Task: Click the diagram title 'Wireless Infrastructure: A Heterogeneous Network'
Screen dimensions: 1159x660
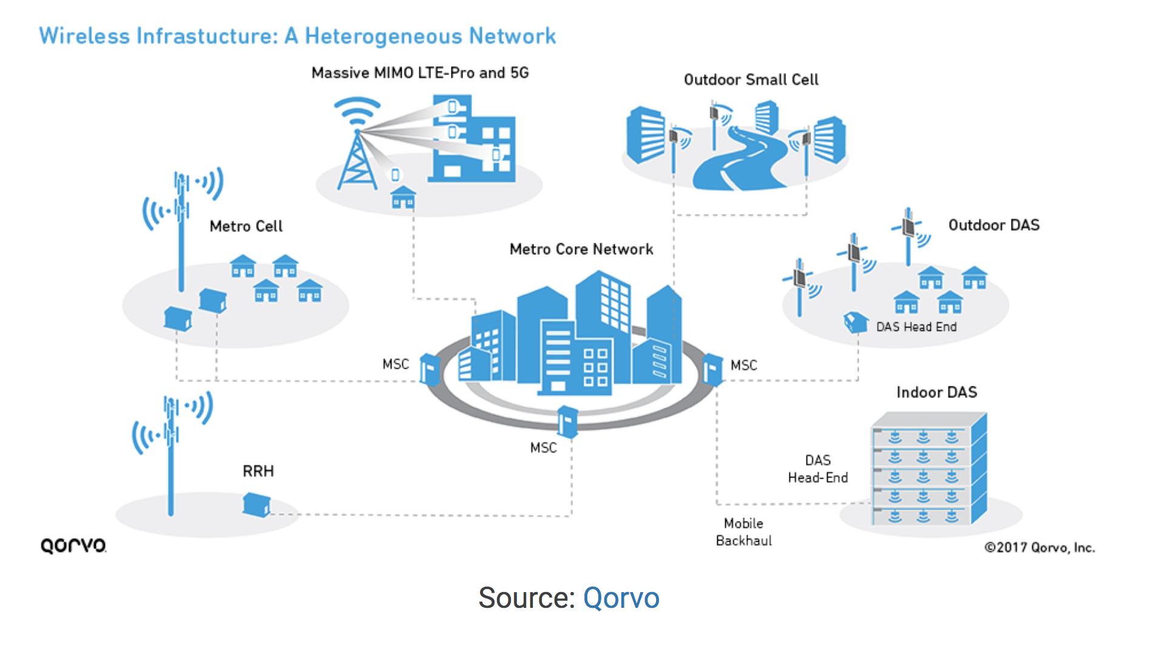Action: tap(297, 36)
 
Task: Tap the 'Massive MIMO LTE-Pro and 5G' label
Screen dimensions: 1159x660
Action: tap(420, 73)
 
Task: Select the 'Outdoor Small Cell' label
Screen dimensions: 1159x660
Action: tap(751, 79)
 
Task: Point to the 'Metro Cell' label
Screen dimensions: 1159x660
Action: tap(246, 226)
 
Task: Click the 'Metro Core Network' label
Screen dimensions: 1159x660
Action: tap(581, 249)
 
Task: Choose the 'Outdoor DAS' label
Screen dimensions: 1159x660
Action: tap(994, 225)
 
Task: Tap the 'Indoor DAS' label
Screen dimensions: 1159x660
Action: tap(937, 392)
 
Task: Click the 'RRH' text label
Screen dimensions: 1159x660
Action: tap(258, 471)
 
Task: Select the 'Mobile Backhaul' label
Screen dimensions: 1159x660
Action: tap(744, 532)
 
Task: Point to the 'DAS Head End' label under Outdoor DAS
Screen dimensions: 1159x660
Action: tap(916, 327)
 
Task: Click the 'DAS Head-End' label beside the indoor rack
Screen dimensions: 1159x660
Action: tap(818, 469)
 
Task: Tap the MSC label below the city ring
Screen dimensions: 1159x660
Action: tap(543, 448)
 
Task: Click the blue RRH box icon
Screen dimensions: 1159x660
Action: tap(257, 505)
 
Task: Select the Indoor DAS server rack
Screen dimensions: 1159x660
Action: tap(929, 468)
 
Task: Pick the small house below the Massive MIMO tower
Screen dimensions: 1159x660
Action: tap(403, 198)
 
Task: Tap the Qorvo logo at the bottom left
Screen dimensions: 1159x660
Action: tap(73, 545)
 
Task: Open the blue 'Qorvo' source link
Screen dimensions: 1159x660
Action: tap(621, 598)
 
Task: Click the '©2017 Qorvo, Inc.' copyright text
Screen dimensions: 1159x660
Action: tap(1039, 547)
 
